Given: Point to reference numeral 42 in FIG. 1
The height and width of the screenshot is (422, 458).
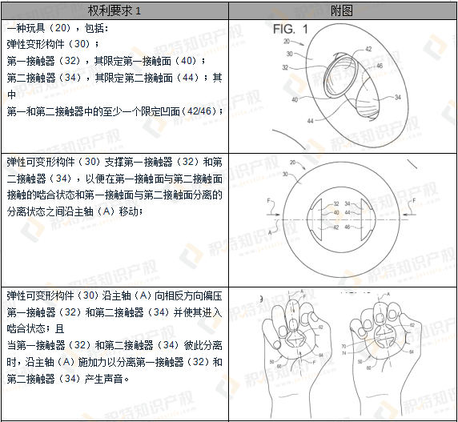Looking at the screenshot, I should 368,50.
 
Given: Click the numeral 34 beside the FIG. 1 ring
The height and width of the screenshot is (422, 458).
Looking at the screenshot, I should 398,97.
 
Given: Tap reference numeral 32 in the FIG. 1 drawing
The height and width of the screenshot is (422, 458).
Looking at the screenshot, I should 285,68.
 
